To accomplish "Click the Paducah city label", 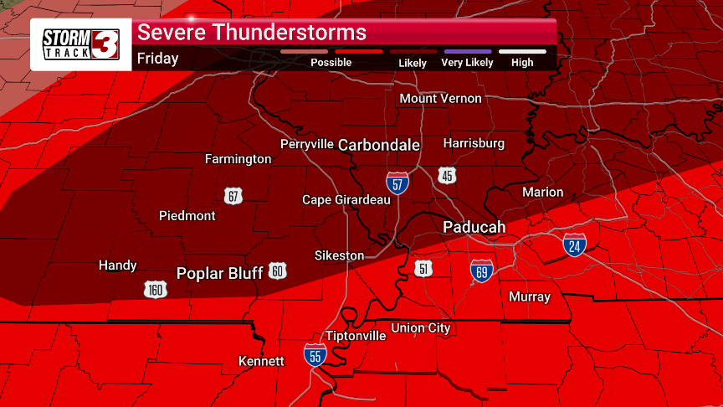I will (x=474, y=227).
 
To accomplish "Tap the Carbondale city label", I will (x=378, y=145).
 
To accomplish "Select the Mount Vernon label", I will (x=440, y=98).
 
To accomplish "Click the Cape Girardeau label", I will (x=346, y=199).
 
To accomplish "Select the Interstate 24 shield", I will (x=574, y=245).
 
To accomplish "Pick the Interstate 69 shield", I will (x=480, y=270).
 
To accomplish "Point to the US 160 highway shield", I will (x=155, y=289).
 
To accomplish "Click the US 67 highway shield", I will (x=233, y=195).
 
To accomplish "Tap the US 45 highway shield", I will (x=447, y=174).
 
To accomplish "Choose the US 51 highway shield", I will (x=423, y=268).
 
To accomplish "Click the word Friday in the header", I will (x=158, y=59).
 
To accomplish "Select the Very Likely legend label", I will (x=467, y=63).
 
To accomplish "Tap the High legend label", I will (x=522, y=63).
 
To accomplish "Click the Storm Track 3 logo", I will (x=80, y=44).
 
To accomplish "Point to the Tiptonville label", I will (x=356, y=336).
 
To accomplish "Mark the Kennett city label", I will (x=261, y=361).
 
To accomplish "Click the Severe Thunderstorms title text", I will (x=252, y=33).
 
